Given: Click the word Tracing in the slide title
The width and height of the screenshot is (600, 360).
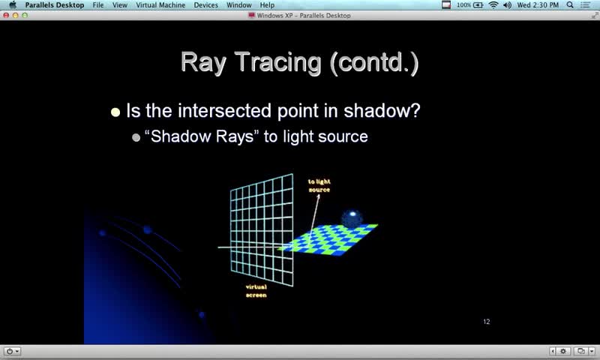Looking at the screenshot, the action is (277, 63).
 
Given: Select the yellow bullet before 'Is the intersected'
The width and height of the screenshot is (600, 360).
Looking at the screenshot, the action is (115, 112).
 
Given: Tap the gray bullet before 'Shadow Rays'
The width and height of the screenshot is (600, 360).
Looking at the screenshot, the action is (136, 137).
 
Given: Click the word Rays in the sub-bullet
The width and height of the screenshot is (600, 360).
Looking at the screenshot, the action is (235, 136).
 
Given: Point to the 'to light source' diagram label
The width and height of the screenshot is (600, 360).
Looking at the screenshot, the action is (319, 185).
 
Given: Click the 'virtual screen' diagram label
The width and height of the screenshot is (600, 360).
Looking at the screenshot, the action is (256, 291).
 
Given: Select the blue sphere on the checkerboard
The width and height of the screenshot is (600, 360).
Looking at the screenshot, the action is (352, 218).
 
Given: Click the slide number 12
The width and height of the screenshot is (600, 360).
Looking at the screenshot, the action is (486, 322).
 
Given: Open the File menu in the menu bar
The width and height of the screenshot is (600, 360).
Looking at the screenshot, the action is (98, 5).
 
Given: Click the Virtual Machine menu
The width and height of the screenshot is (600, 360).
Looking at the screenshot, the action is (160, 5).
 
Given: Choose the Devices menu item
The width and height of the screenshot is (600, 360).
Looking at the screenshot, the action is (205, 5).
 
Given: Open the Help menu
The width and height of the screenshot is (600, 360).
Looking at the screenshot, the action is (267, 5).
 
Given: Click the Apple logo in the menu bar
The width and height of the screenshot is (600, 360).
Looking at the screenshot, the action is (13, 4).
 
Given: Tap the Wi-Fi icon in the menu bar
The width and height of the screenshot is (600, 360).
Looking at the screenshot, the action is (493, 5).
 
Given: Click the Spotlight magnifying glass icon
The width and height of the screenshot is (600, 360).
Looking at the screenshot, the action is (570, 5).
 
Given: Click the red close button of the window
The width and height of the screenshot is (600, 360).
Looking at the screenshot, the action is (6, 15).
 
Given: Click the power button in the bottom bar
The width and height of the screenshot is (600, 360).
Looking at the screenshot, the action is (10, 351).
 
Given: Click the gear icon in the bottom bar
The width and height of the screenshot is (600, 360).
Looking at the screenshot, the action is (563, 351).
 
